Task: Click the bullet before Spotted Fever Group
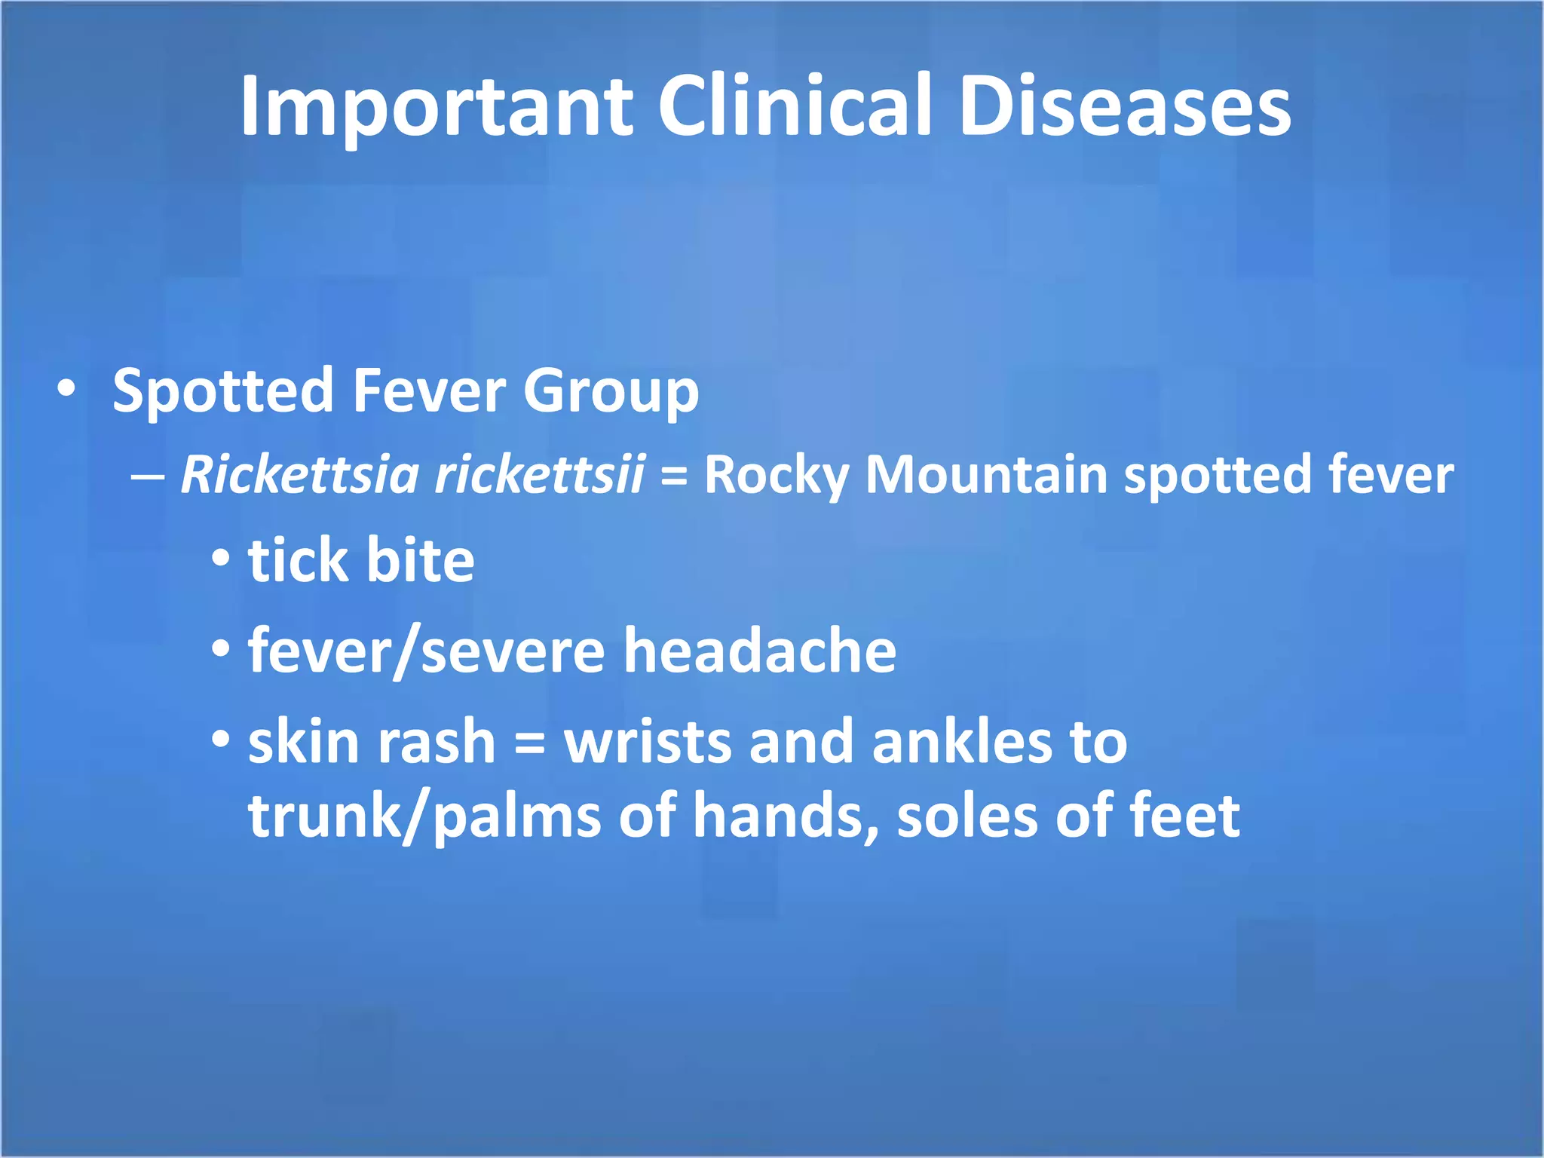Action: point(66,389)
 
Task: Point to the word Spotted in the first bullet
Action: point(222,392)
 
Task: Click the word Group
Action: point(611,392)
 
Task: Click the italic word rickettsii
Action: point(540,475)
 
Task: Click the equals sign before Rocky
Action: point(673,477)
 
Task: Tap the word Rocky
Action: point(777,476)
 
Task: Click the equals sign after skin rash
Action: point(529,743)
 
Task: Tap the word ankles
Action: point(962,742)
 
